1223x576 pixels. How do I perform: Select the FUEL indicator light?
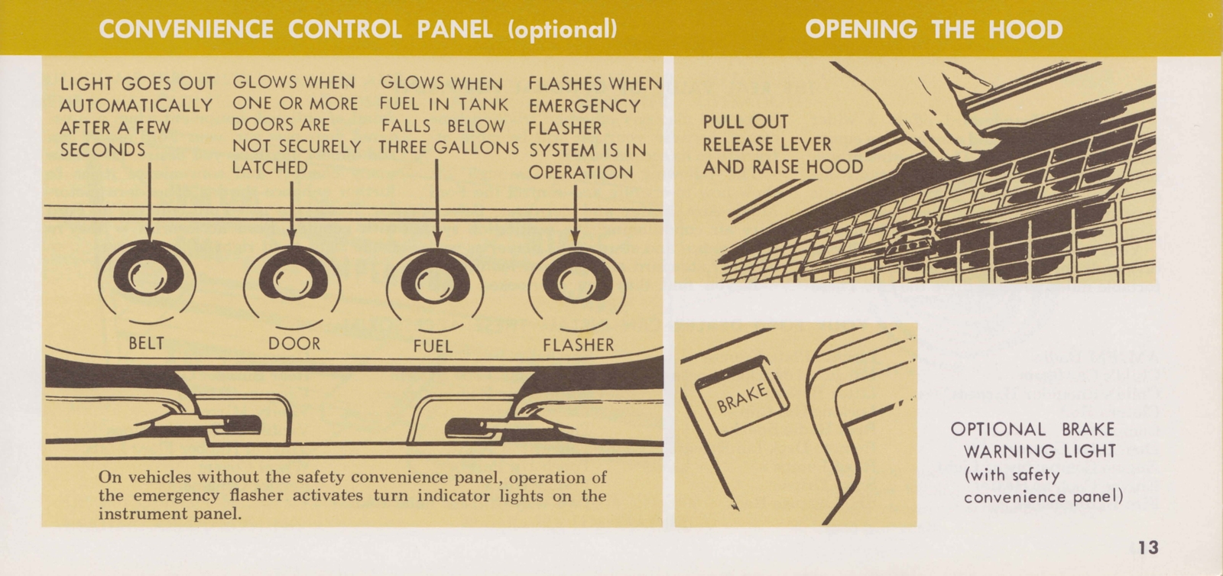tap(436, 283)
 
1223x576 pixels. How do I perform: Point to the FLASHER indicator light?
tap(576, 283)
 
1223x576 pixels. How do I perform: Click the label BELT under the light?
tap(146, 343)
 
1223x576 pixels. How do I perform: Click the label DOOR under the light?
tap(294, 344)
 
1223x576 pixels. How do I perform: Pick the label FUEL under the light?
tap(433, 346)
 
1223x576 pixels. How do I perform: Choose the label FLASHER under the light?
tap(578, 345)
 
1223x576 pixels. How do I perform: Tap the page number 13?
tap(1147, 548)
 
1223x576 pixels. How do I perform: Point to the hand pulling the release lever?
tap(948, 107)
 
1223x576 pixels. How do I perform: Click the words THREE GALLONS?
tap(449, 148)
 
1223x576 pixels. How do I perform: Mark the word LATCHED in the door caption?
tap(269, 168)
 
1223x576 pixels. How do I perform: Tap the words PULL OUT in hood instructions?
tap(745, 122)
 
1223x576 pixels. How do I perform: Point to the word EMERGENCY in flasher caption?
tap(584, 106)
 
